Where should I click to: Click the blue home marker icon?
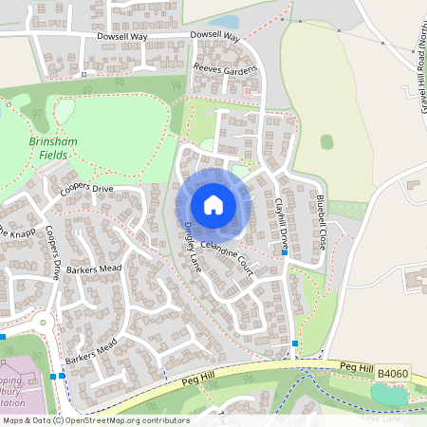click(x=213, y=204)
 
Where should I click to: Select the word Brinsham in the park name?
click(x=54, y=139)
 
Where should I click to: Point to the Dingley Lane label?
click(x=194, y=242)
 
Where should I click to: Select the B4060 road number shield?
click(x=392, y=376)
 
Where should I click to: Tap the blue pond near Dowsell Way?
click(x=224, y=21)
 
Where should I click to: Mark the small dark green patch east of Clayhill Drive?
click(x=326, y=141)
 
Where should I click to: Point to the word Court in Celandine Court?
click(x=243, y=265)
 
